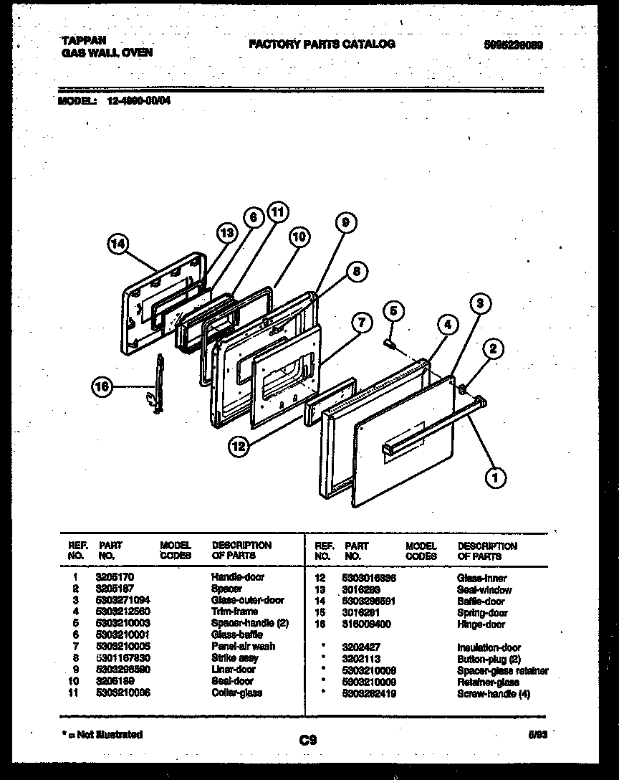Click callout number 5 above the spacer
pos(393,310)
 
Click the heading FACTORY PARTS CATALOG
pos(322,44)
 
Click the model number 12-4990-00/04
pos(134,101)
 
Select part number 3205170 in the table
pos(115,576)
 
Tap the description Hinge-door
pos(481,624)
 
